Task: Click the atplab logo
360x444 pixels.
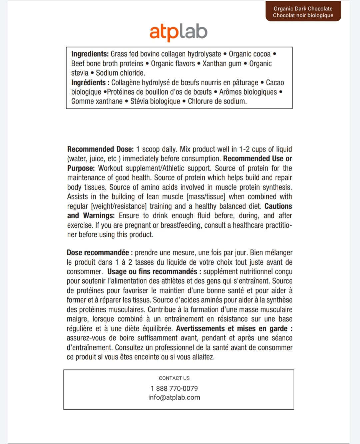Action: pyautogui.click(x=178, y=32)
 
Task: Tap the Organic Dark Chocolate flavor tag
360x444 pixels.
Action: pyautogui.click(x=303, y=12)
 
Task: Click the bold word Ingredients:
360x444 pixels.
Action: pyautogui.click(x=90, y=54)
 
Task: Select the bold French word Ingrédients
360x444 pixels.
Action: pyautogui.click(x=88, y=83)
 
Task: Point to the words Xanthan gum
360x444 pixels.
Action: pyautogui.click(x=222, y=64)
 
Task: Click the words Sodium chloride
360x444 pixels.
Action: pyautogui.click(x=120, y=73)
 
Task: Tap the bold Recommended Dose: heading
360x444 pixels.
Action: pyautogui.click(x=100, y=149)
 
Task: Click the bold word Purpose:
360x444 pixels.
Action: pyautogui.click(x=81, y=168)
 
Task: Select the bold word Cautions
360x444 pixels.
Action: pyautogui.click(x=278, y=206)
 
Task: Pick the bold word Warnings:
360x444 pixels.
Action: pyautogui.click(x=99, y=216)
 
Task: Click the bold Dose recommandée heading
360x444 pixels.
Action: pyautogui.click(x=98, y=253)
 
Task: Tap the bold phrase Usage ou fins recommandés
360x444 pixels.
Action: pyautogui.click(x=152, y=272)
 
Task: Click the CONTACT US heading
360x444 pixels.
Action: pyautogui.click(x=174, y=378)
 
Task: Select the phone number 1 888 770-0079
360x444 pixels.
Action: pyautogui.click(x=174, y=388)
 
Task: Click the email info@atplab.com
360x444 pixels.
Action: pyautogui.click(x=174, y=397)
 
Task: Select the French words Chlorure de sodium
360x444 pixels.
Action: pyautogui.click(x=217, y=101)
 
